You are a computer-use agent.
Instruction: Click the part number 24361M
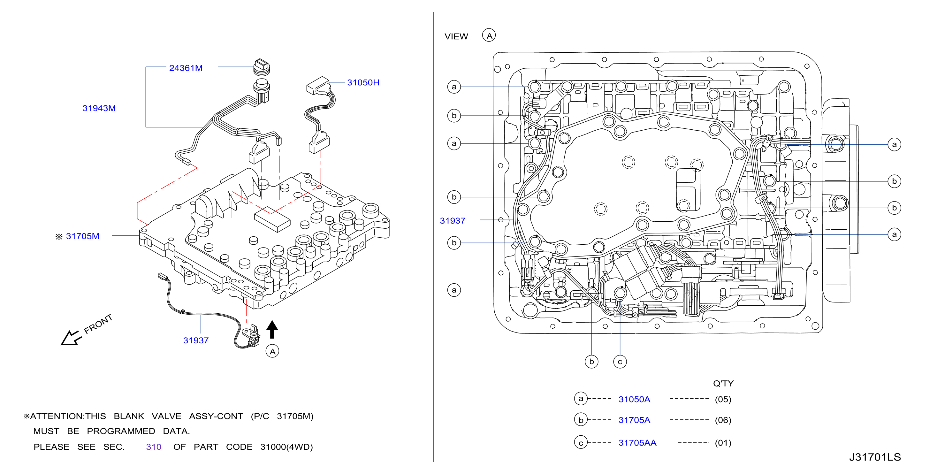pyautogui.click(x=186, y=68)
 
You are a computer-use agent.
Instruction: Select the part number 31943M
pyautogui.click(x=99, y=108)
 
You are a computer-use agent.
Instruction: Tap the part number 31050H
pyautogui.click(x=363, y=83)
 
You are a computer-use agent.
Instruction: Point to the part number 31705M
pyautogui.click(x=83, y=236)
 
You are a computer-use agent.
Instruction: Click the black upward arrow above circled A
pyautogui.click(x=272, y=329)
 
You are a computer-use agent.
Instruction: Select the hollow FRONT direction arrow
pyautogui.click(x=70, y=338)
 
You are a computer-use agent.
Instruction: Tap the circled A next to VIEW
pyautogui.click(x=489, y=35)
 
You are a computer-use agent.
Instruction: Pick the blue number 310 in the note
pyautogui.click(x=154, y=447)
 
